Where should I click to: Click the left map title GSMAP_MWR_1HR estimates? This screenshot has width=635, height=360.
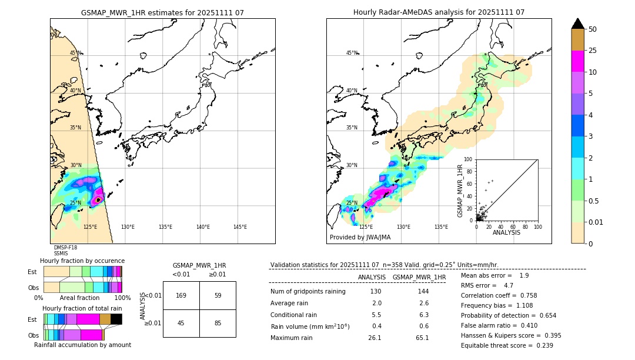pos(162,12)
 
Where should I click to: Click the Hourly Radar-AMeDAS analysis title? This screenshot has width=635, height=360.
pos(439,12)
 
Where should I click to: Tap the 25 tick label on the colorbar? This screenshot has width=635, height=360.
pos(593,51)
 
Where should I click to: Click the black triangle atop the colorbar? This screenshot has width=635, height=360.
pos(578,24)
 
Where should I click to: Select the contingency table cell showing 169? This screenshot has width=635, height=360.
pos(181,295)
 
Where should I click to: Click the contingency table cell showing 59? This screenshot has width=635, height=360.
pos(218,295)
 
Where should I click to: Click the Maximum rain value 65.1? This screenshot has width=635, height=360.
pos(422,338)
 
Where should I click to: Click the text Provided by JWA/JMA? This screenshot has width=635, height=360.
pos(360,237)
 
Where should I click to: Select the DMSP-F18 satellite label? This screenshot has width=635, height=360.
pos(65,248)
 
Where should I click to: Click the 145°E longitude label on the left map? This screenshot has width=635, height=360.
pos(240,227)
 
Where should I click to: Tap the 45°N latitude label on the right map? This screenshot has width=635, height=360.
pos(352,53)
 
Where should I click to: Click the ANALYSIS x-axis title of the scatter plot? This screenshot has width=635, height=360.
pos(506,233)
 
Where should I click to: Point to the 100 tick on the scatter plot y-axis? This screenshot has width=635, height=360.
pos(468,159)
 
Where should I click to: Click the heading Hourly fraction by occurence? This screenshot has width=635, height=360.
pos(82,261)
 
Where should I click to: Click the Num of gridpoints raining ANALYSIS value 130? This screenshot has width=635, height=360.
pos(376,292)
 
